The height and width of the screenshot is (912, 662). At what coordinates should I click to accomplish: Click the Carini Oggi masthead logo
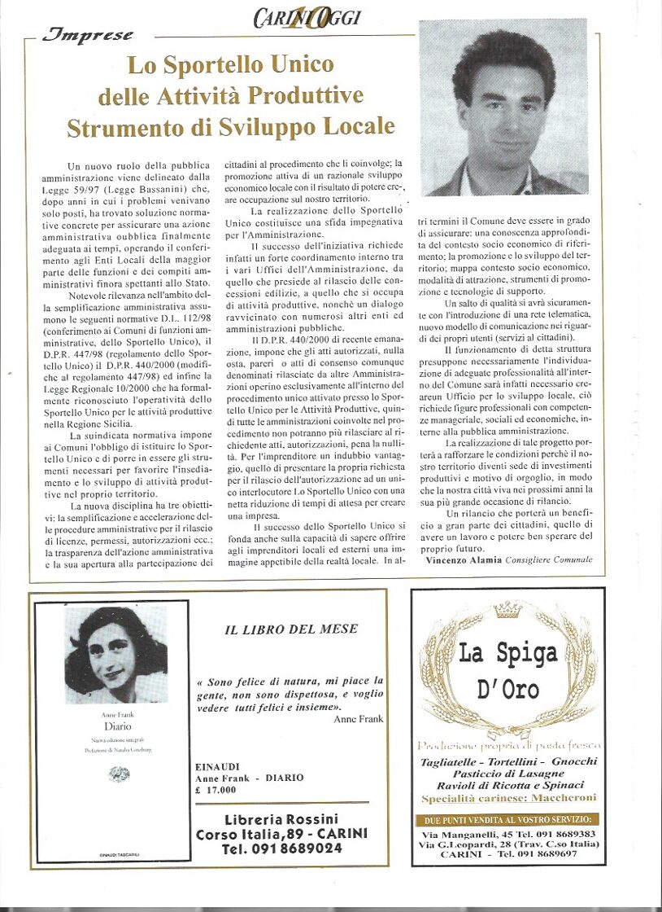(x=307, y=17)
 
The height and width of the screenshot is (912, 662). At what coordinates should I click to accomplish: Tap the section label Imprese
(x=87, y=35)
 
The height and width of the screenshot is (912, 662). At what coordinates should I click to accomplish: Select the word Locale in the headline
(x=351, y=127)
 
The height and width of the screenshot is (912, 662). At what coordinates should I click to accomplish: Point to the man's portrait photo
(x=503, y=107)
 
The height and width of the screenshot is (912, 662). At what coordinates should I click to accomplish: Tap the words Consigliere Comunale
(x=549, y=560)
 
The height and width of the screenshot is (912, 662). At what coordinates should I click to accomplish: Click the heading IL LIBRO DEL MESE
(x=290, y=629)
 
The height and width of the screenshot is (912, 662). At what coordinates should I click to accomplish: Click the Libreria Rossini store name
(x=281, y=819)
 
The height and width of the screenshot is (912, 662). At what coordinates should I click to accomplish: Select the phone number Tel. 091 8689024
(x=281, y=848)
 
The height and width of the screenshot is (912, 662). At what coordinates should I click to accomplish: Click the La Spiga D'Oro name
(x=508, y=671)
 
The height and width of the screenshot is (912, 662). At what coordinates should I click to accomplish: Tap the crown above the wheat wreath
(x=508, y=610)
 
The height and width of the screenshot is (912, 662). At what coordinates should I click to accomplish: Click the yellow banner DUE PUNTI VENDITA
(x=507, y=819)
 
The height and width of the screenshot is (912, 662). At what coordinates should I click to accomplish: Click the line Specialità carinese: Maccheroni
(x=508, y=799)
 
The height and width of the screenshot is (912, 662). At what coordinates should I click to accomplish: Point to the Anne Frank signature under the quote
(x=358, y=719)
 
